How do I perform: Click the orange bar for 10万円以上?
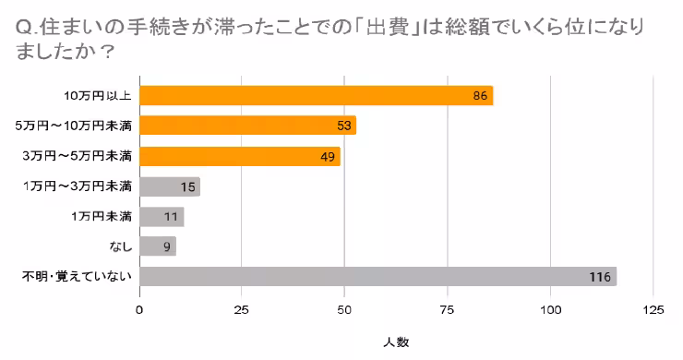click(x=316, y=96)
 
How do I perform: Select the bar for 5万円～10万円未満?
click(x=247, y=126)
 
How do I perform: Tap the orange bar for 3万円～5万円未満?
click(x=240, y=156)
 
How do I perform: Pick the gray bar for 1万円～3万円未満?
click(x=170, y=186)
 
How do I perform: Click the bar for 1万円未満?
click(x=162, y=217)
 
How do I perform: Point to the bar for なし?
click(x=158, y=246)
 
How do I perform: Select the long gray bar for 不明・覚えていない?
click(x=377, y=277)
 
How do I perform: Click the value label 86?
click(x=480, y=96)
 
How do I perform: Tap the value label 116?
click(x=601, y=277)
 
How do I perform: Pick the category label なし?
click(x=120, y=246)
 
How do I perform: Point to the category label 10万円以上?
click(x=99, y=96)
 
